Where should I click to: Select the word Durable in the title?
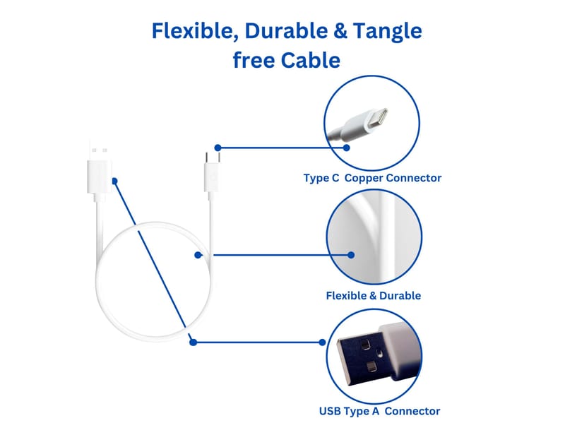286,30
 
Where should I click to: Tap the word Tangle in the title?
387,32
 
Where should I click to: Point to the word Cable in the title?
311,60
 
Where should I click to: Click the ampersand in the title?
340,30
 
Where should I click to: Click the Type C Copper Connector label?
372,178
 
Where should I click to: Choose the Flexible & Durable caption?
374,296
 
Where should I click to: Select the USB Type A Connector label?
379,411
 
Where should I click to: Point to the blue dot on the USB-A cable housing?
114,181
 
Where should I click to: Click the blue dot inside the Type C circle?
346,148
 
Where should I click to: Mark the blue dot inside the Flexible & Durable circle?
351,255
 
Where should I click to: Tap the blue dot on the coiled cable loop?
198,255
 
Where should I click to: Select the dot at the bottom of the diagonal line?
193,342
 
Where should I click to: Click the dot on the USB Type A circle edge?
323,342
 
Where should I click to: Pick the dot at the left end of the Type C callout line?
218,148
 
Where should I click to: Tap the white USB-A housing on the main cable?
98,177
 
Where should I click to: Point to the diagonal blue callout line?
154,262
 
